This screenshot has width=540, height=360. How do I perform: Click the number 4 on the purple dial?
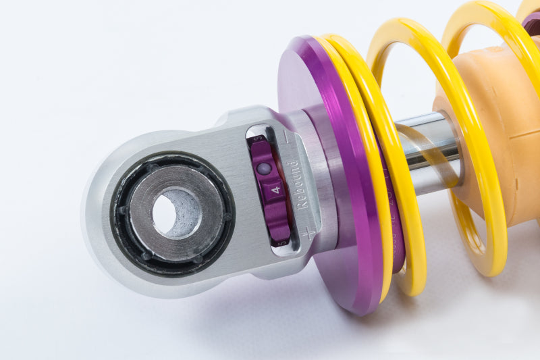pyautogui.click(x=275, y=191)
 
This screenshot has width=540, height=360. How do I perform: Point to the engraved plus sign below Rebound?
pyautogui.click(x=308, y=234)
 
